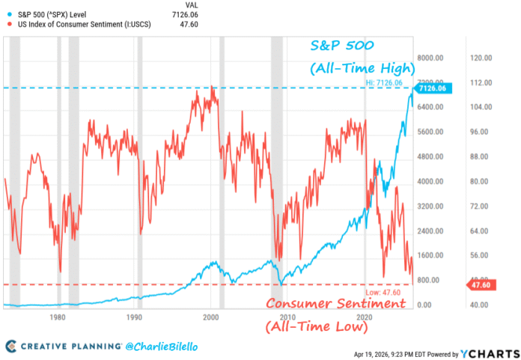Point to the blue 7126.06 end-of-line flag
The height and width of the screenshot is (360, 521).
click(432, 88)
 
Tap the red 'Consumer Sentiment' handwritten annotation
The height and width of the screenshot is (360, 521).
click(335, 304)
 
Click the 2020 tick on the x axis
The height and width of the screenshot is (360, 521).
click(365, 317)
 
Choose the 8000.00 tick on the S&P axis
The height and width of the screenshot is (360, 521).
click(432, 58)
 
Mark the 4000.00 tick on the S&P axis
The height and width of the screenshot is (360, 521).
click(432, 181)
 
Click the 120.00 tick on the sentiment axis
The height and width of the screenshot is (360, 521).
click(479, 58)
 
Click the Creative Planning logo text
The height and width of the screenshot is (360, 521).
click(71, 346)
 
